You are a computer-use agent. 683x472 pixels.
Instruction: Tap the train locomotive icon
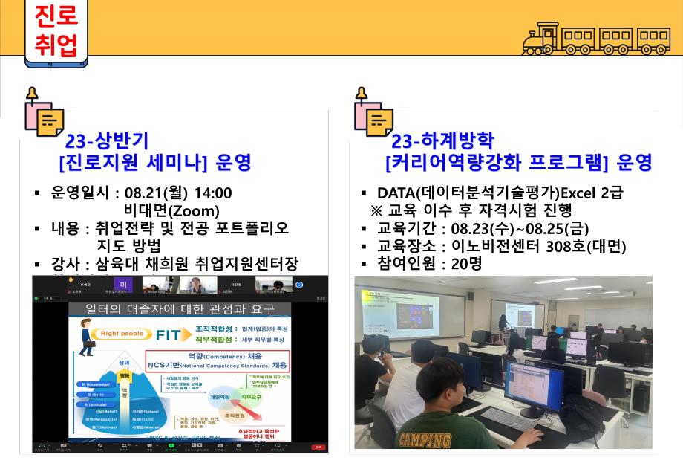(543, 39)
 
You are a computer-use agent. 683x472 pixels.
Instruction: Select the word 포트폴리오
(252, 227)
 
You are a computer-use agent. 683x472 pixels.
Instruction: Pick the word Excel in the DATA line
(581, 193)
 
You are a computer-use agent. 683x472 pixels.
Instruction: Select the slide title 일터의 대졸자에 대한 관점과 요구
(180, 308)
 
